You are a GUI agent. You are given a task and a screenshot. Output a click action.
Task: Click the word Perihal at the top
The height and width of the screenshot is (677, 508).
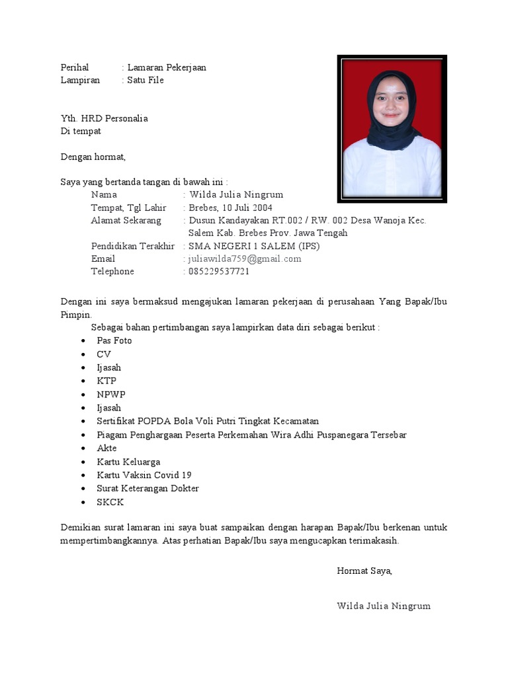[74, 67]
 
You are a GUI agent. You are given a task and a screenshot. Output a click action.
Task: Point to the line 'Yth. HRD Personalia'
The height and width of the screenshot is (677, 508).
[104, 118]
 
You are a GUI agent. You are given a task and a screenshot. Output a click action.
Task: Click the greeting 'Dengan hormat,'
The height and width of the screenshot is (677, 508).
[93, 157]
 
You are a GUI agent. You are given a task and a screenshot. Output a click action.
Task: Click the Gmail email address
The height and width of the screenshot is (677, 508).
[245, 259]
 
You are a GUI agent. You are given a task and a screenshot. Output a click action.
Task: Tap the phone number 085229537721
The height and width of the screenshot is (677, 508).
[219, 271]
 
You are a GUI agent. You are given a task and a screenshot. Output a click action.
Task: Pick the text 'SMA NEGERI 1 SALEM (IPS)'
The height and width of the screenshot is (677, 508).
[254, 246]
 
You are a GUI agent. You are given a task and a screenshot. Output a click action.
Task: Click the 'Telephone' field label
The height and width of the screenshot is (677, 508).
[112, 271]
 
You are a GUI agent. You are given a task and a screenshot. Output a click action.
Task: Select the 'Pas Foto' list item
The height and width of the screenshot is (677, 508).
[114, 340]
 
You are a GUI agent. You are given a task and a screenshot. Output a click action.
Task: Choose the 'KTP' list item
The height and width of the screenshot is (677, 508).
[106, 381]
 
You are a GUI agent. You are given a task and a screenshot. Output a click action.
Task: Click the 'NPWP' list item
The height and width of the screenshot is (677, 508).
[110, 394]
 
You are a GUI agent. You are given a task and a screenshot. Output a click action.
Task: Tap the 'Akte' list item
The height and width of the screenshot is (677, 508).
[106, 448]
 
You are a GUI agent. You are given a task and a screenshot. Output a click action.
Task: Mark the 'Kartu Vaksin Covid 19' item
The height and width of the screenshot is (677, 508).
[144, 475]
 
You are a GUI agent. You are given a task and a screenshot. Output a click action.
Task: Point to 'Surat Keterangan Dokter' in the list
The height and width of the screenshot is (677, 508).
[148, 489]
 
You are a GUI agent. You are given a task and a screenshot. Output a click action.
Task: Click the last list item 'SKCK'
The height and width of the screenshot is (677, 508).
[110, 502]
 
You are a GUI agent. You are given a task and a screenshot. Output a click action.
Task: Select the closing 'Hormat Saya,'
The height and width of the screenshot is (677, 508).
[364, 571]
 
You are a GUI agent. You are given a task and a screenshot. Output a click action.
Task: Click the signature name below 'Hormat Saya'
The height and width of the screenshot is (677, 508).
[384, 606]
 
